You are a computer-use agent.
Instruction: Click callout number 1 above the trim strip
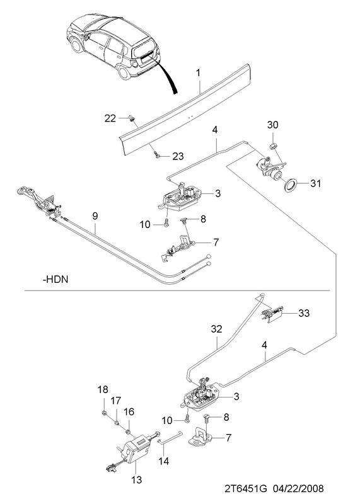[199, 73]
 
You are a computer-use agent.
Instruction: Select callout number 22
[110, 118]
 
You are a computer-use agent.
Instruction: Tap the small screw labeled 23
[157, 155]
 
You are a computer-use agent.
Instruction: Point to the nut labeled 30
[273, 146]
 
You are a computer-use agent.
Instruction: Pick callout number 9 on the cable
[95, 215]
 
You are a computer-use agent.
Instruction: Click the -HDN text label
[55, 279]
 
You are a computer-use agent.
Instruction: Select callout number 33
[304, 312]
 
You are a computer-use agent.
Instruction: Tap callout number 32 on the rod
[217, 329]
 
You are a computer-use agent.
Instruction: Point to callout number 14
[163, 461]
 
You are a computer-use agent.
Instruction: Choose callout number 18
[103, 390]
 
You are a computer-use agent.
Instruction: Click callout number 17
[116, 401]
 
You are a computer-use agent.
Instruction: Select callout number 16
[129, 412]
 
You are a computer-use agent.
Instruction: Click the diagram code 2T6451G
[246, 489]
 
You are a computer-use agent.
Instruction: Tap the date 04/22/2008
[298, 489]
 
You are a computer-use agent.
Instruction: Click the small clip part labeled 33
[272, 314]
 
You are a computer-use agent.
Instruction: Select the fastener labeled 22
[132, 118]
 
